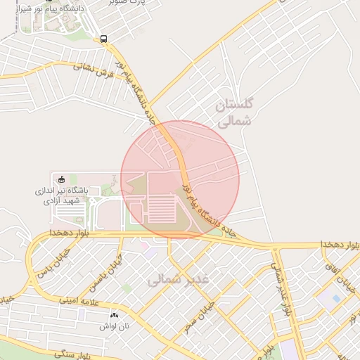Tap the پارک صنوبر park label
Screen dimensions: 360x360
pyautogui.click(x=130, y=2)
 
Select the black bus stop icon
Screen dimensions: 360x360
pyautogui.click(x=104, y=39)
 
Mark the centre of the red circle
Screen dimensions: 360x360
pyautogui.click(x=180, y=179)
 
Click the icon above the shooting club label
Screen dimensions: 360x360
pyautogui.click(x=61, y=179)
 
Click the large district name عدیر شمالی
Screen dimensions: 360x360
pyautogui.click(x=179, y=279)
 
